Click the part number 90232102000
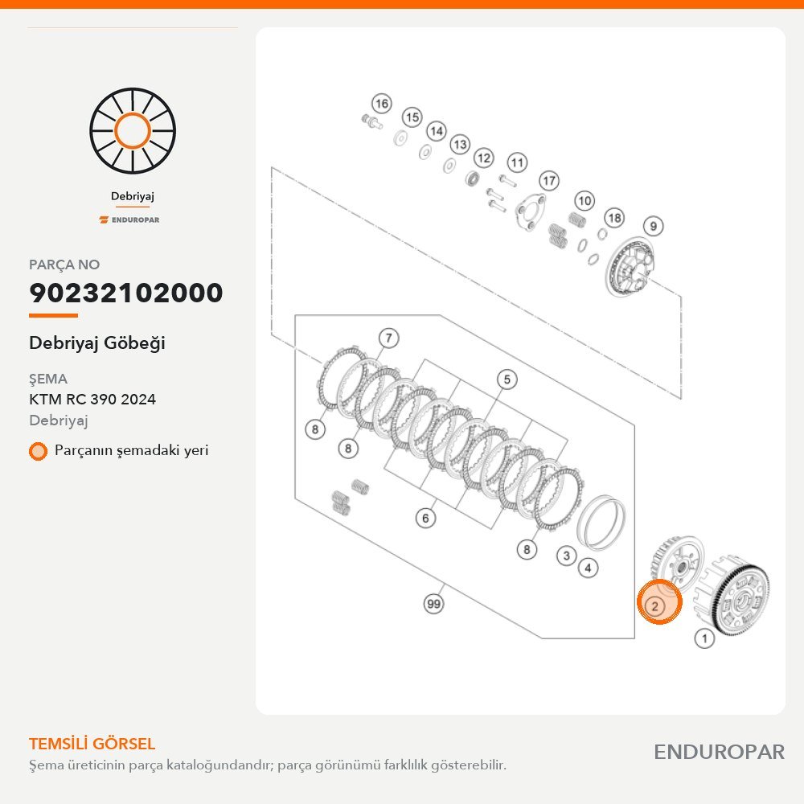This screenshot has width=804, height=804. (x=126, y=293)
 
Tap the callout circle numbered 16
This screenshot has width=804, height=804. (x=381, y=104)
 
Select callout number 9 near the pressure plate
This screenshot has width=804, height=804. (x=653, y=226)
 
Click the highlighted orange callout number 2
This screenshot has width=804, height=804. (x=654, y=606)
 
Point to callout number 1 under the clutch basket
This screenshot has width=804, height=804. (x=704, y=638)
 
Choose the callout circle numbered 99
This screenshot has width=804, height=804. (x=434, y=604)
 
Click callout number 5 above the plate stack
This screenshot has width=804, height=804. (x=507, y=379)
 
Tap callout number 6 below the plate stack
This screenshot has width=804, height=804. (x=425, y=518)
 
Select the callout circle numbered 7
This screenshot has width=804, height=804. (x=388, y=338)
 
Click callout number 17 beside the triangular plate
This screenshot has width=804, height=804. (x=548, y=180)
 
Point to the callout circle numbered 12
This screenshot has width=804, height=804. (x=483, y=158)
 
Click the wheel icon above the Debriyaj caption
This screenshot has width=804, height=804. (x=133, y=131)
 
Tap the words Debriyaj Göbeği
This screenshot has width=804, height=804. (x=97, y=343)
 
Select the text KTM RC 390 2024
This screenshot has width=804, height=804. (x=92, y=400)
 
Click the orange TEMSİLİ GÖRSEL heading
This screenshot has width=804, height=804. (x=92, y=744)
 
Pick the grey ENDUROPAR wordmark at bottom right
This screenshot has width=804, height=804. (x=719, y=753)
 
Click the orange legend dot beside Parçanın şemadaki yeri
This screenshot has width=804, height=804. (x=38, y=451)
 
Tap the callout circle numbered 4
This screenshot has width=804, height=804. (x=588, y=568)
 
